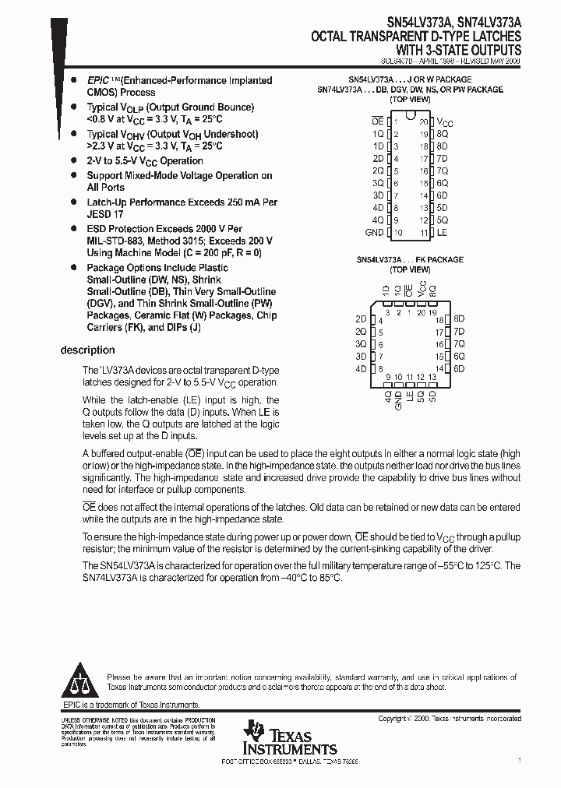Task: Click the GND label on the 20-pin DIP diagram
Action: tap(374, 233)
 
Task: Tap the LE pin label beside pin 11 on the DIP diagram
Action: tap(442, 233)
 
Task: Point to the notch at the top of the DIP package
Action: tap(410, 117)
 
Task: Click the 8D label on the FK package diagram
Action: tap(459, 319)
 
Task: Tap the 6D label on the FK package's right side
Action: tap(459, 368)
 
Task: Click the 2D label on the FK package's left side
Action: tap(360, 319)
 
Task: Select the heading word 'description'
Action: tap(87, 350)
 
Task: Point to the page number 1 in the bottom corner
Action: tap(519, 759)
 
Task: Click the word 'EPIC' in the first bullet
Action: tap(99, 81)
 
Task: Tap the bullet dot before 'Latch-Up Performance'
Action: tap(73, 202)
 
